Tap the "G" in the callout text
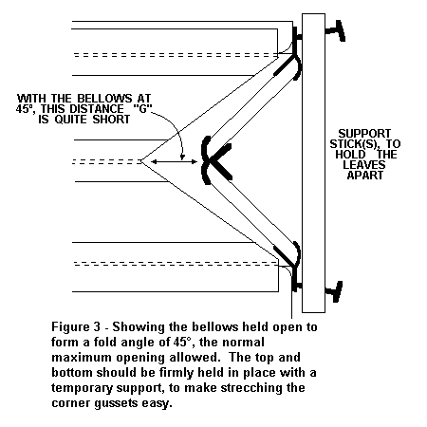pyautogui.click(x=142, y=108)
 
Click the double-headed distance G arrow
pyautogui.click(x=174, y=162)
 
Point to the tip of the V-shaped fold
pyautogui.click(x=141, y=161)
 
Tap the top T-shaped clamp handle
pyautogui.click(x=335, y=30)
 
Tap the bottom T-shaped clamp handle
pyautogui.click(x=335, y=291)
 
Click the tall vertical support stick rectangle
pyautogui.click(x=313, y=163)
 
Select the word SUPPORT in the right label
pyautogui.click(x=364, y=134)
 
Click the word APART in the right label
pyautogui.click(x=365, y=175)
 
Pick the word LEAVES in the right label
pyautogui.click(x=364, y=164)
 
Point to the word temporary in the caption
pyautogui.click(x=82, y=388)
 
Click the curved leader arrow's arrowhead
pyautogui.click(x=182, y=157)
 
